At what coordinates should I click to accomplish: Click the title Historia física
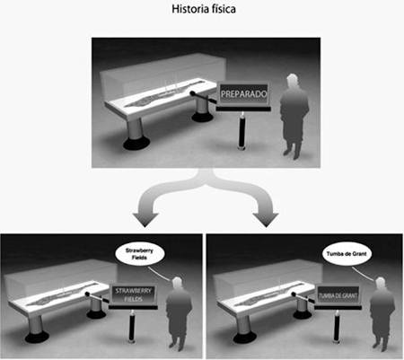click(x=204, y=9)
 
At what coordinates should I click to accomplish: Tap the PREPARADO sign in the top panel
click(x=243, y=94)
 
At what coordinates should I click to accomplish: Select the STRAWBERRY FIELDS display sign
click(x=133, y=294)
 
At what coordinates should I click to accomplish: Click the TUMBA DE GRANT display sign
click(x=338, y=295)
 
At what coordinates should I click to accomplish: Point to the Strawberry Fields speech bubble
click(x=139, y=254)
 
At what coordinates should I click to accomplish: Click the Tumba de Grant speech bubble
click(x=347, y=254)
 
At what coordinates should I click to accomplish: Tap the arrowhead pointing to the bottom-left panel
click(x=145, y=220)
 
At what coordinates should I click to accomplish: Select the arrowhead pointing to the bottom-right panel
click(x=266, y=220)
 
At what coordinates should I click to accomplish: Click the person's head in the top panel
click(x=292, y=82)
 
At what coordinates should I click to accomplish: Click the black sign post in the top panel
click(x=242, y=130)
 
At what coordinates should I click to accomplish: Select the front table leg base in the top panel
click(x=136, y=143)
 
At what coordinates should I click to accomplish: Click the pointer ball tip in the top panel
click(x=193, y=93)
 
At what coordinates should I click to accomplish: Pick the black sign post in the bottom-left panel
click(x=131, y=327)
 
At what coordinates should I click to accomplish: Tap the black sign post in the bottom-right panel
click(x=337, y=327)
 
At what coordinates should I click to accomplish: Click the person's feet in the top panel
click(x=292, y=154)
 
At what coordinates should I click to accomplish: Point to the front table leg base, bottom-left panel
click(x=37, y=338)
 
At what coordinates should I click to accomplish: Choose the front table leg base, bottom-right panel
click(x=245, y=338)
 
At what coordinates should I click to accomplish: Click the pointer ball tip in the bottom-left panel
click(x=87, y=294)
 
